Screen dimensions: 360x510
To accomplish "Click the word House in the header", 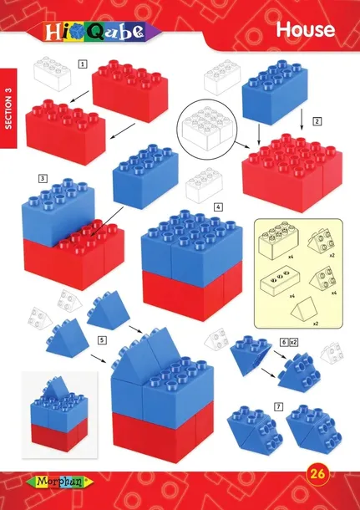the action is (305, 29).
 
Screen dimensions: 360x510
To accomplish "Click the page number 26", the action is (317, 473).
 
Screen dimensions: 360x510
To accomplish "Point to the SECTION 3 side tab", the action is (8, 109).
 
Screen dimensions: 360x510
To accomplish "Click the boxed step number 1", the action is (83, 64).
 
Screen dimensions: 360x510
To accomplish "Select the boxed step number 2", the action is (317, 121).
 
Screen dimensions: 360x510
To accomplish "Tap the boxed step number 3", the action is (43, 179).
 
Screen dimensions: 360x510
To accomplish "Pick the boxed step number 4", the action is (218, 207).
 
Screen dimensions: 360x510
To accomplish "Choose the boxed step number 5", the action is (102, 340).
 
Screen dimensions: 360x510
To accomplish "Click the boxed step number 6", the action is (284, 342).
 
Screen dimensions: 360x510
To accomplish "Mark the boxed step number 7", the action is (278, 406).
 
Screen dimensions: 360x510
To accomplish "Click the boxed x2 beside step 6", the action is (294, 342).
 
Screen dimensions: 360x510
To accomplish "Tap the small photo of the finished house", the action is (59, 416).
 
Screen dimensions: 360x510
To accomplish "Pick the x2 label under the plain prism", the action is (315, 324).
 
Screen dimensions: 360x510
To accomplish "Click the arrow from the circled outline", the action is (242, 145).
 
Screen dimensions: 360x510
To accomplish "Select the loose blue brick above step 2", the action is (275, 92).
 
